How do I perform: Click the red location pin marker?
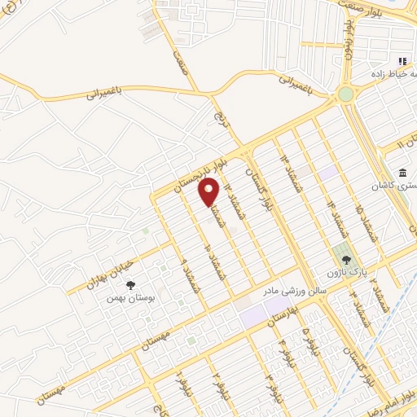[209, 191]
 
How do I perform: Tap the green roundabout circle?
[346, 94]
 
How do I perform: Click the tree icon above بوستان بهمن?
[130, 284]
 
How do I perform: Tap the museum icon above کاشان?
[403, 172]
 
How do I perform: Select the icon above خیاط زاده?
[402, 61]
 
